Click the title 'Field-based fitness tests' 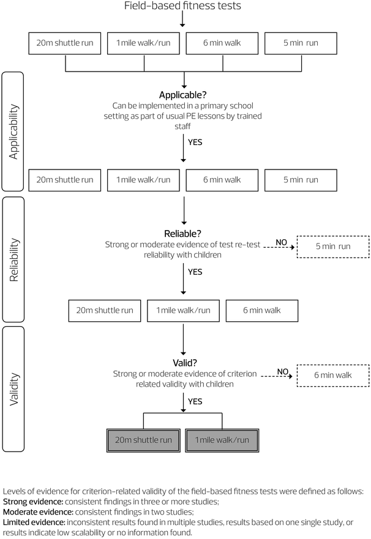(x=182, y=7)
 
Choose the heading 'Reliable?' (x=183, y=234)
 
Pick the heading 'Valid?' (x=183, y=362)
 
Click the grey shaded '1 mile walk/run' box (x=222, y=440)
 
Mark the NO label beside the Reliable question (x=282, y=242)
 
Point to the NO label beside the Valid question (x=283, y=371)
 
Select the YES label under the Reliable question (x=195, y=271)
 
